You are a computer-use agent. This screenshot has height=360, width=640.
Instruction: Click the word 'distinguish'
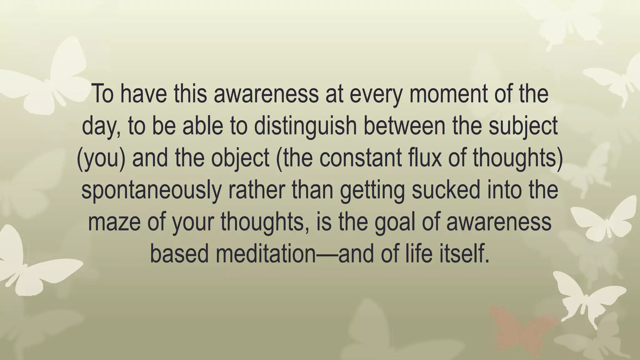point(305,126)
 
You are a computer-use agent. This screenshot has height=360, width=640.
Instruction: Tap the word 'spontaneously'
point(151,190)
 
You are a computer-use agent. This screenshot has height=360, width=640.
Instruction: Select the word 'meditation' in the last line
point(266,254)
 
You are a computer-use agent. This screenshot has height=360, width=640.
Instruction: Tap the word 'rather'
point(257,190)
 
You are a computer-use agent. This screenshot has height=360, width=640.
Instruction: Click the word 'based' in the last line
point(179,254)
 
